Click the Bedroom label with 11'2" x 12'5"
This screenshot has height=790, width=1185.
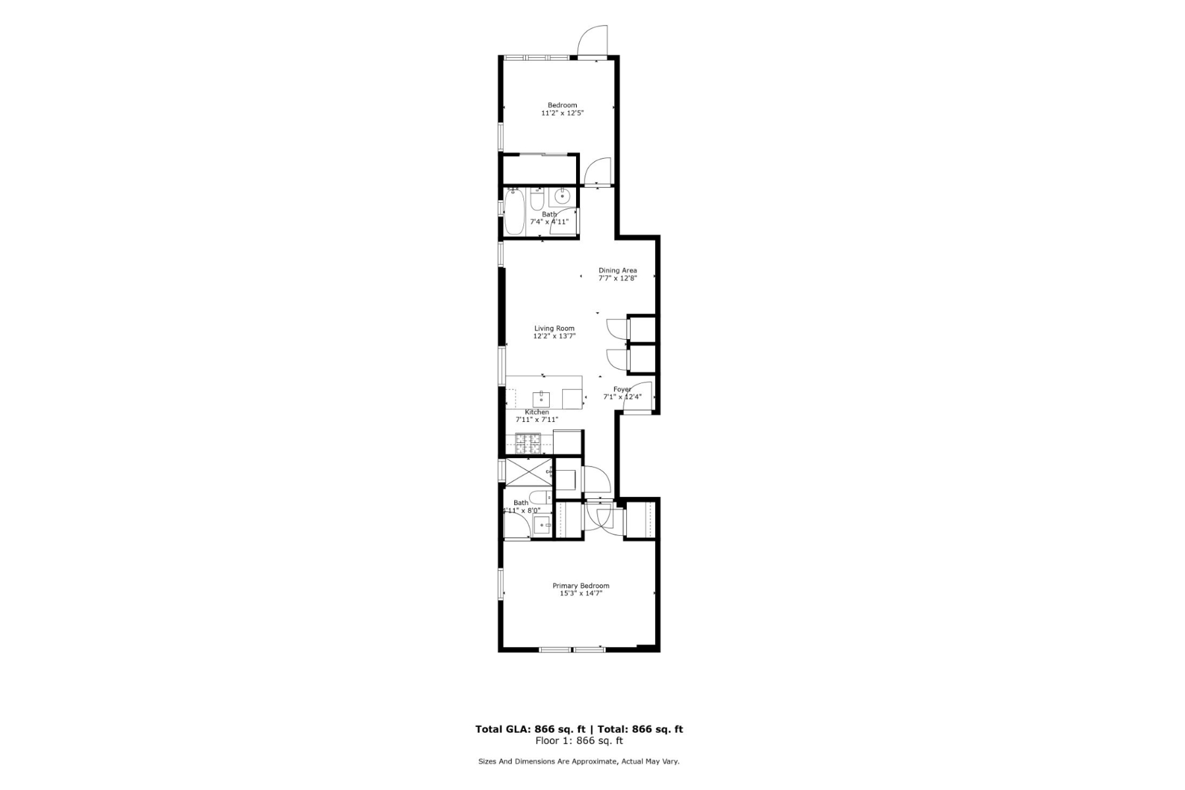[x=562, y=105]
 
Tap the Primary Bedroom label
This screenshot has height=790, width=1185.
[x=580, y=586]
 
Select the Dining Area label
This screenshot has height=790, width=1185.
[x=617, y=271]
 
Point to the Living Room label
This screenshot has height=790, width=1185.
[x=554, y=329]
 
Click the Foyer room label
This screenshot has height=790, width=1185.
[x=622, y=390]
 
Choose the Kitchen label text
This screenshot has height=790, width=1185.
[x=537, y=412]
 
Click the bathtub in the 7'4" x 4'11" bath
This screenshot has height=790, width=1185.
[x=514, y=212]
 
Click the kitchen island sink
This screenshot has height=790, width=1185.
[x=541, y=399]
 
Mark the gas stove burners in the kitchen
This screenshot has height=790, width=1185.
[x=527, y=444]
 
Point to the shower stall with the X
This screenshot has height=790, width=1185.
[x=528, y=471]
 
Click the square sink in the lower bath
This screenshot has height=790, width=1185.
[x=542, y=525]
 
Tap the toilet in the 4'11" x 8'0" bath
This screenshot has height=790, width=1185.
[x=540, y=498]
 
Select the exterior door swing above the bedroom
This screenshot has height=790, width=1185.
[x=592, y=41]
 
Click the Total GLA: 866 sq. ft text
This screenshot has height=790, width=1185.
[x=531, y=729]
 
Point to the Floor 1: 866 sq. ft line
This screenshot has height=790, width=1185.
[x=579, y=741]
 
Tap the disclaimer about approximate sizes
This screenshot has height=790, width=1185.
[x=579, y=762]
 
